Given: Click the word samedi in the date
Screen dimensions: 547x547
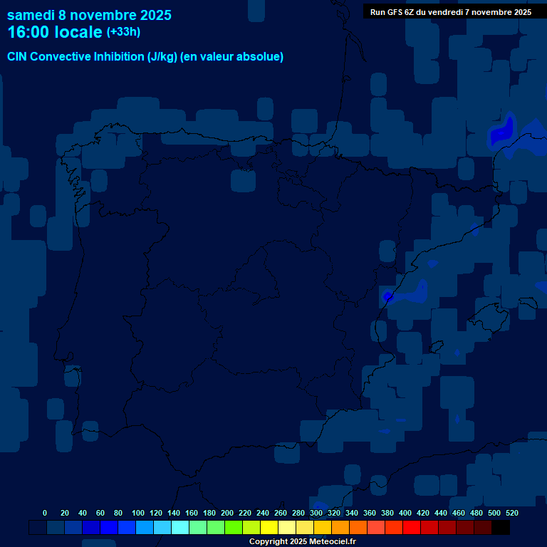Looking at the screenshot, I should (31, 15).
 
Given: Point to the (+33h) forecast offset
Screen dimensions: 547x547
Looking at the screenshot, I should (123, 32).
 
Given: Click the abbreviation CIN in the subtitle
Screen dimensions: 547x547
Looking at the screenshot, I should (18, 57).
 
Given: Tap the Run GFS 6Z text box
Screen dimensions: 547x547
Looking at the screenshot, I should (450, 12).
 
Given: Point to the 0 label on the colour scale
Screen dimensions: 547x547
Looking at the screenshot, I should (45, 513).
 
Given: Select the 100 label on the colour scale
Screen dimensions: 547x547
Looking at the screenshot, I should (138, 513).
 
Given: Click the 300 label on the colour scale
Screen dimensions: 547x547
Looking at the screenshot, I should (316, 513).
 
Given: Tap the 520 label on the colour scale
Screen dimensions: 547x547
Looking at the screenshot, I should (512, 513).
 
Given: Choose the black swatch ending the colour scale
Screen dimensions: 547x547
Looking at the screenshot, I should (501, 527).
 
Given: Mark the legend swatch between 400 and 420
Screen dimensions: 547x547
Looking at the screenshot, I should (412, 527).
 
